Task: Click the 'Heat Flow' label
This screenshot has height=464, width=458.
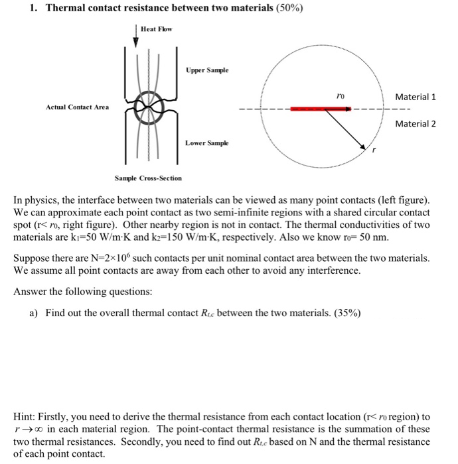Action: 157,29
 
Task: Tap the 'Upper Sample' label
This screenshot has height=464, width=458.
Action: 208,69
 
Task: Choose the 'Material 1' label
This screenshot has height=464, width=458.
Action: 416,97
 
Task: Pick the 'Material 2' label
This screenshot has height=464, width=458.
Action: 416,123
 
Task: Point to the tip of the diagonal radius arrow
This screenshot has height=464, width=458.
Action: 367,148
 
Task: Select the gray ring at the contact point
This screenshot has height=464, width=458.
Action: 147,107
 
